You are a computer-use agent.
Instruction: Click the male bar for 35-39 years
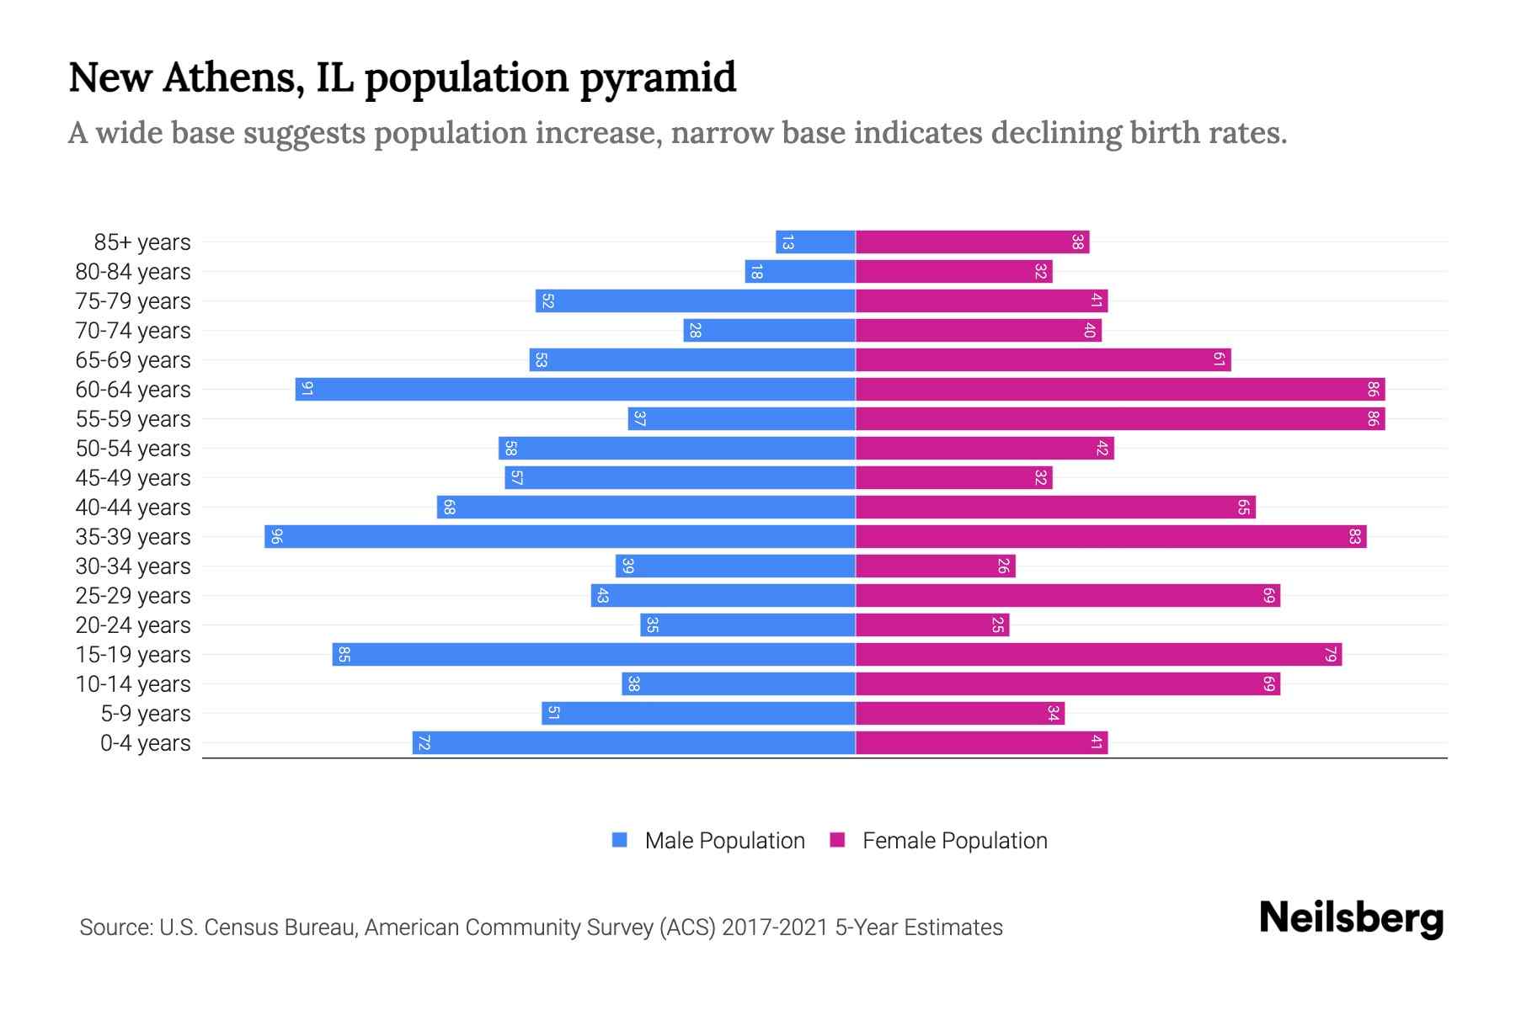tap(560, 537)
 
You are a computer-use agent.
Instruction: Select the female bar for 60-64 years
tap(1120, 390)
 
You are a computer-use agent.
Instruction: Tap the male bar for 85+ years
tap(815, 242)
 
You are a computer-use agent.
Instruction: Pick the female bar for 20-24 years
tap(932, 625)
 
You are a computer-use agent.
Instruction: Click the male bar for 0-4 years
tap(633, 743)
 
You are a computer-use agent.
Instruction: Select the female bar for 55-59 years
tap(1120, 419)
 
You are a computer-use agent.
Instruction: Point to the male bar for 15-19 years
tap(594, 655)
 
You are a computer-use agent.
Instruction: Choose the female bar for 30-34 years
tap(935, 566)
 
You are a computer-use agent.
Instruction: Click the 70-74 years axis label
tap(133, 331)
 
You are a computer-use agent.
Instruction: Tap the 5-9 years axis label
tap(146, 714)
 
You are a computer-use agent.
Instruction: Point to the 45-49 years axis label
tap(133, 478)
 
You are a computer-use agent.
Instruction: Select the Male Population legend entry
tap(724, 841)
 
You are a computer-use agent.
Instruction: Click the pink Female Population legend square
tap(837, 840)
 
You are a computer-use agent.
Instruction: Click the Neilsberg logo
tap(1351, 918)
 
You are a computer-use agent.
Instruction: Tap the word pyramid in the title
tap(658, 77)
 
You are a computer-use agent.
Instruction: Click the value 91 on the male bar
tap(307, 390)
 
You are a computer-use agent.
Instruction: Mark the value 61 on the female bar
tap(1219, 360)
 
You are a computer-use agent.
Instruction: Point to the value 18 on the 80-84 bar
tap(756, 272)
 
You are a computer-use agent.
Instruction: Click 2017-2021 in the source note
tap(775, 928)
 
